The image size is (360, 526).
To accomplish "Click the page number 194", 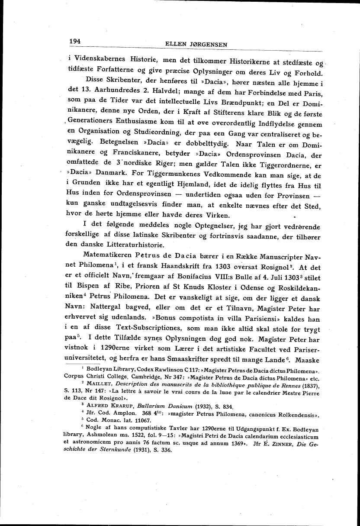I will (x=75, y=42).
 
